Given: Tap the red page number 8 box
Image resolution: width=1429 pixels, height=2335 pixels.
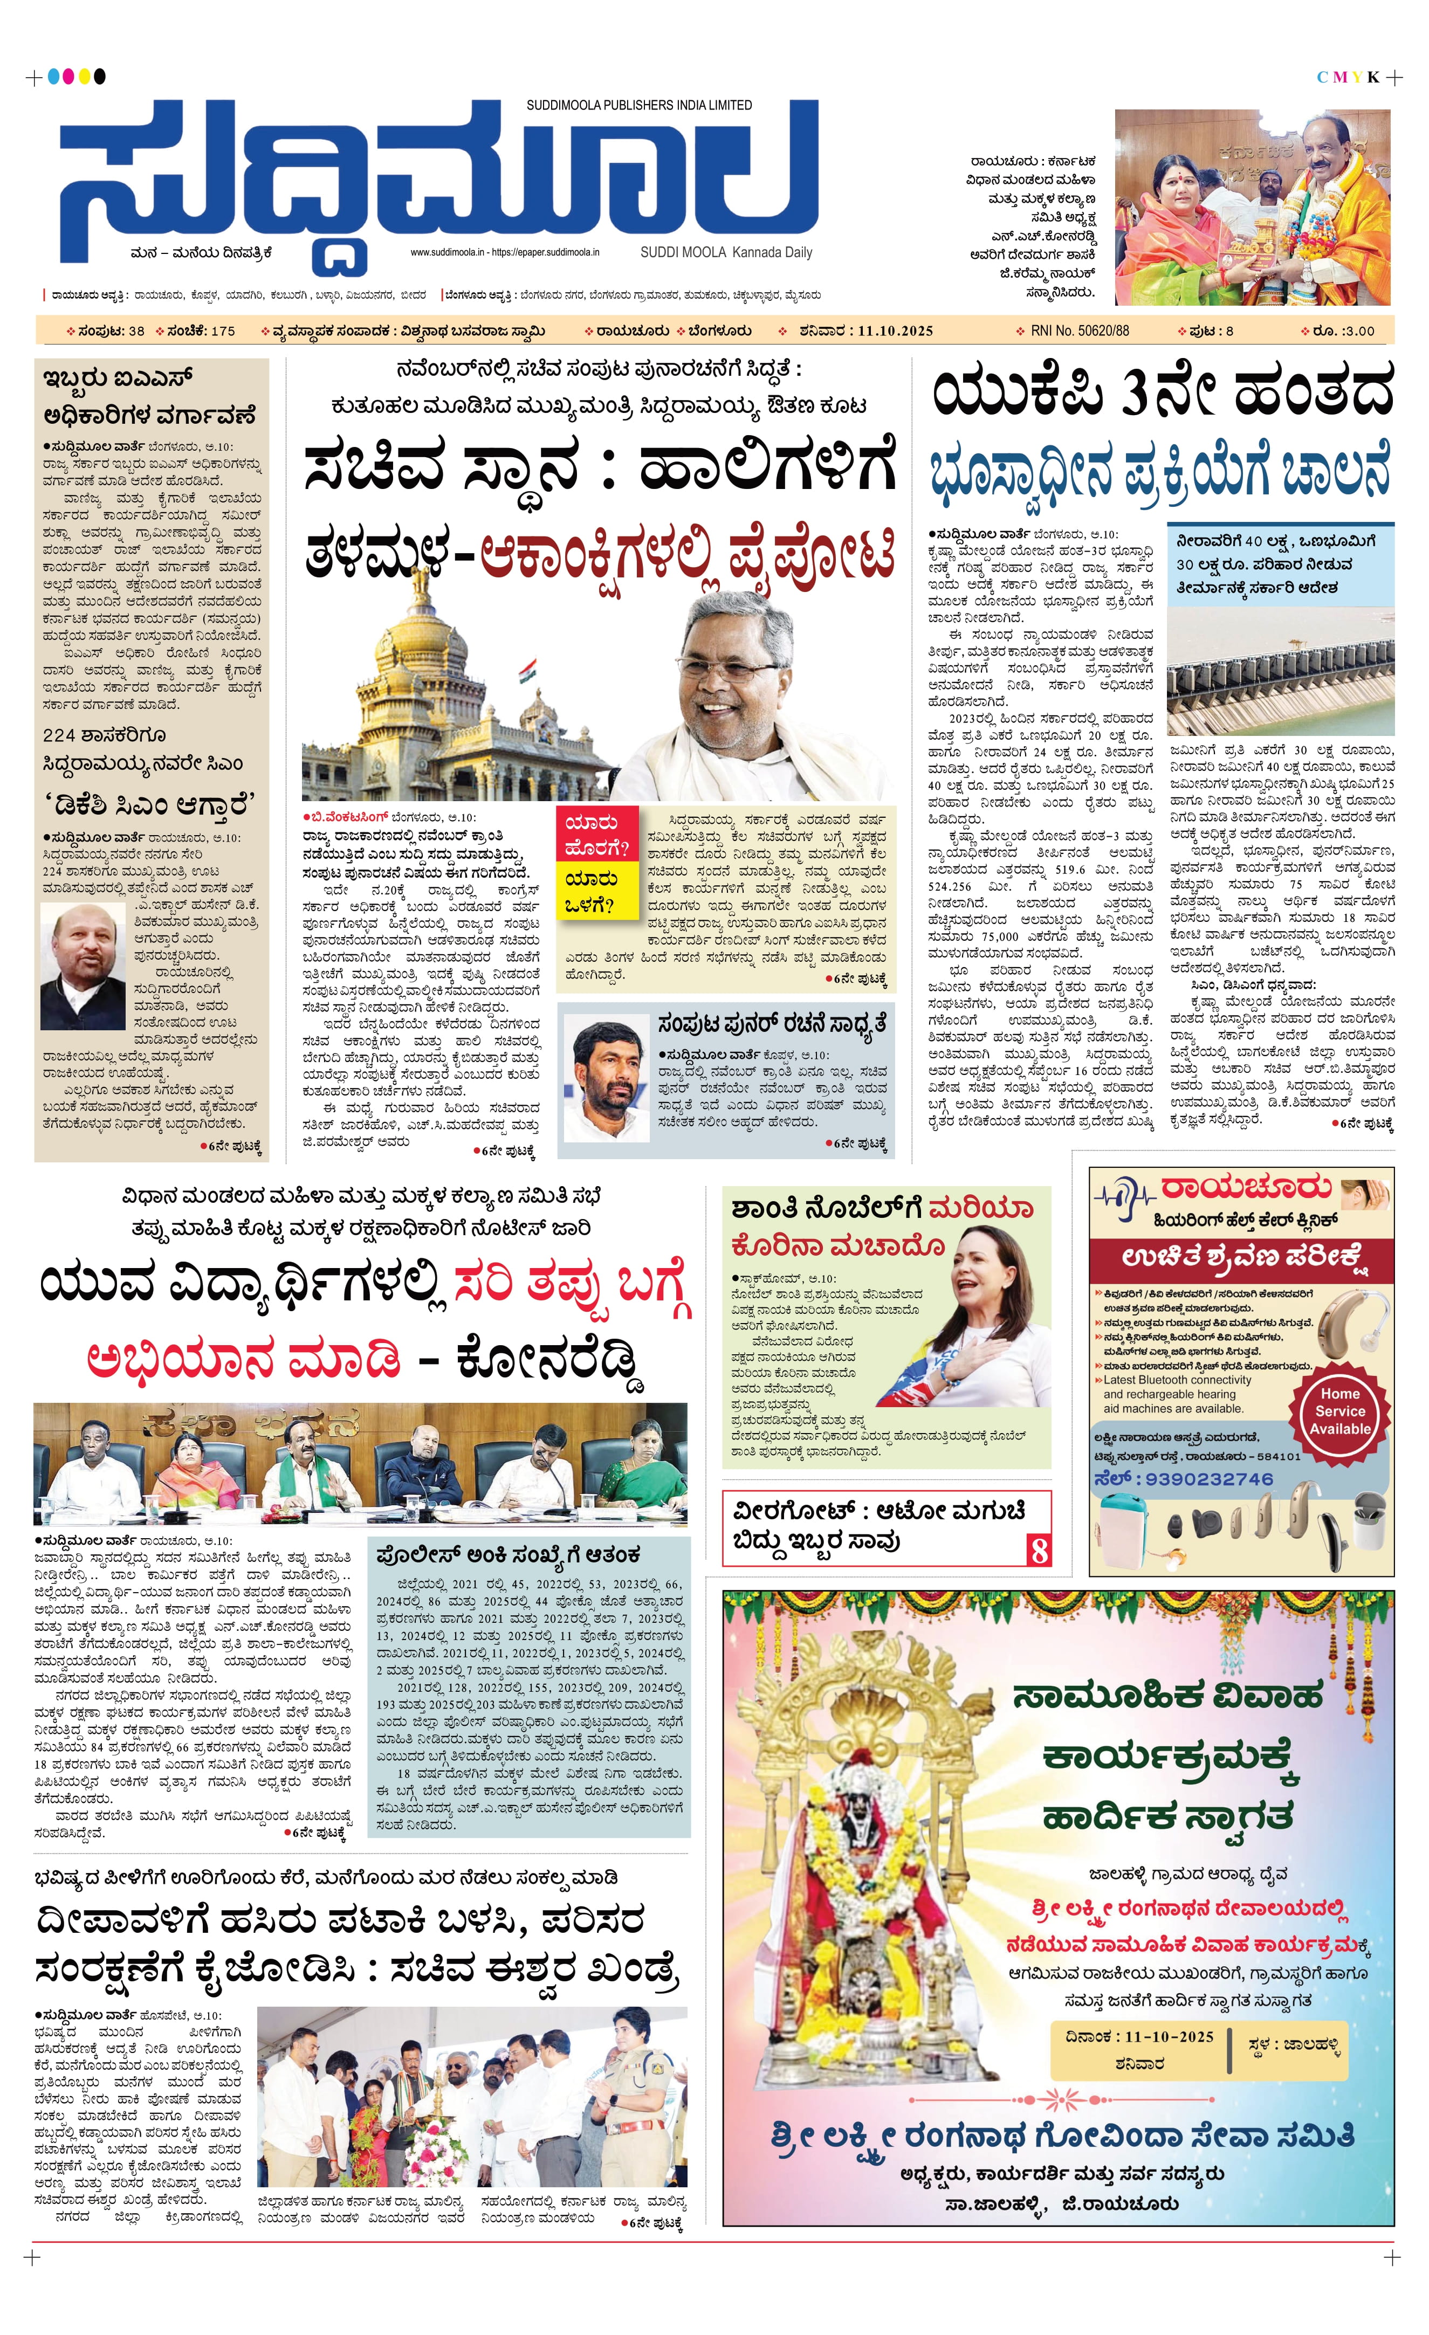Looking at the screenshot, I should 1040,1551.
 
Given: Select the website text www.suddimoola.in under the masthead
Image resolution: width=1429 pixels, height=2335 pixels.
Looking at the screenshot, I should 447,253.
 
